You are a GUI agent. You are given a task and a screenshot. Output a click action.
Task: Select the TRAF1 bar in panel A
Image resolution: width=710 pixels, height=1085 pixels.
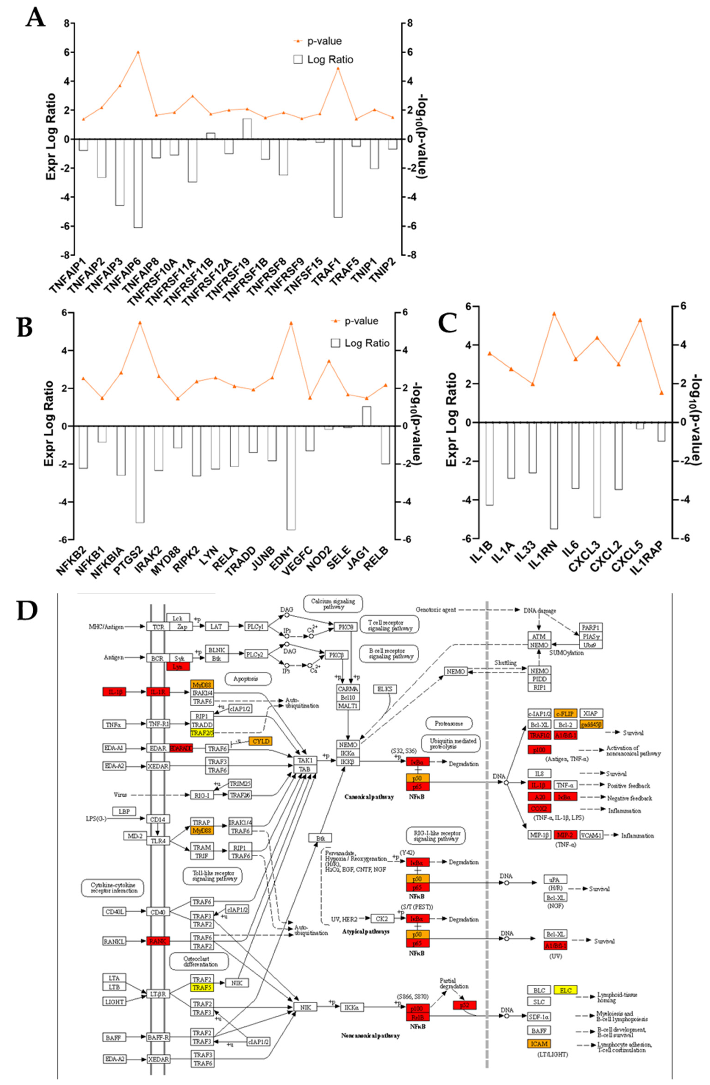(x=338, y=178)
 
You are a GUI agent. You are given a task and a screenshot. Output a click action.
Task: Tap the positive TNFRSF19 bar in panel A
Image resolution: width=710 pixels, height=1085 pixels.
(x=247, y=129)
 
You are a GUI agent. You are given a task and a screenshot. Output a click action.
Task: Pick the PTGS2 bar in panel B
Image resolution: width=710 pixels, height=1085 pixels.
(x=140, y=474)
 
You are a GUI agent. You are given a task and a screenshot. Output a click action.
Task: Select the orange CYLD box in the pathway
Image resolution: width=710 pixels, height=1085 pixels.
(x=260, y=742)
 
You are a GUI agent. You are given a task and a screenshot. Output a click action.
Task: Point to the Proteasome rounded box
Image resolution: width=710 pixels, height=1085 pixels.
(x=449, y=724)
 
